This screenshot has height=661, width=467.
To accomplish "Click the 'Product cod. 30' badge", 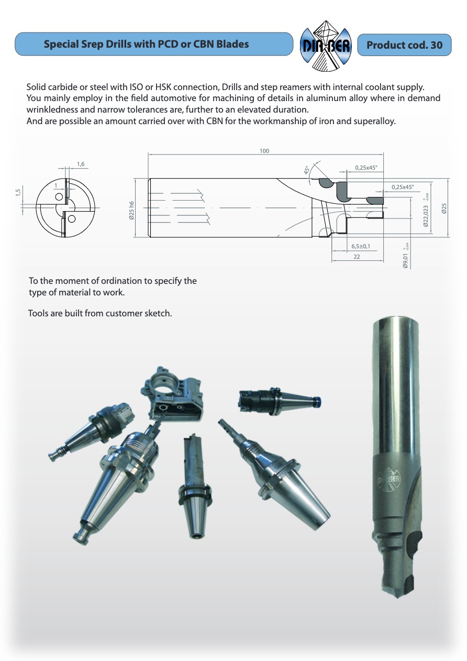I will pos(404,45).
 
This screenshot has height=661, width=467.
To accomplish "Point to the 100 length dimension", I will pos(264,151).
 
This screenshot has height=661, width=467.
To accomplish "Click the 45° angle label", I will pos(308,170).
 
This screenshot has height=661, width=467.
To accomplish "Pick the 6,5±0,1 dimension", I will pos(361,246).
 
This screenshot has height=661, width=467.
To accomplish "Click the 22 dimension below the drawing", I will pos(357,257).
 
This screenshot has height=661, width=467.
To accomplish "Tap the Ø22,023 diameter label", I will pos(425,215).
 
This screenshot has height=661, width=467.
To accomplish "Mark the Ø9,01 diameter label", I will pos(405,258).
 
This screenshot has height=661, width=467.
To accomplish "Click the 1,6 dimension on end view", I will pos(81,164).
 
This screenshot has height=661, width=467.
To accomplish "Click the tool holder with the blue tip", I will pos(280,399).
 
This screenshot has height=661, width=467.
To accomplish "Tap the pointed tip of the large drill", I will pos(396,594).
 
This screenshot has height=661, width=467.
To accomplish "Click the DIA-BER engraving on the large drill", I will pos(390,478).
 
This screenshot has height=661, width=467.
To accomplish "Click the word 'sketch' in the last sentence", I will pos(159,313).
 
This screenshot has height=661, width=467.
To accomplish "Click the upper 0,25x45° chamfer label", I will pos(366,168).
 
